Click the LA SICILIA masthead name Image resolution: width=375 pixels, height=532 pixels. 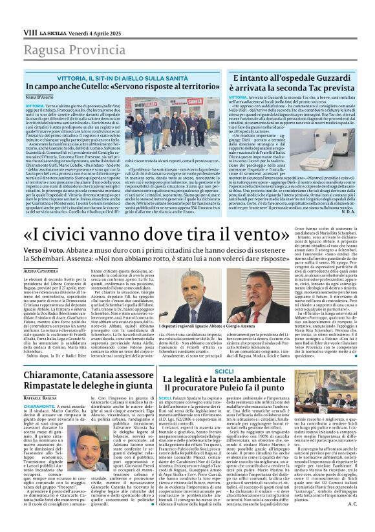point(52,32)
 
